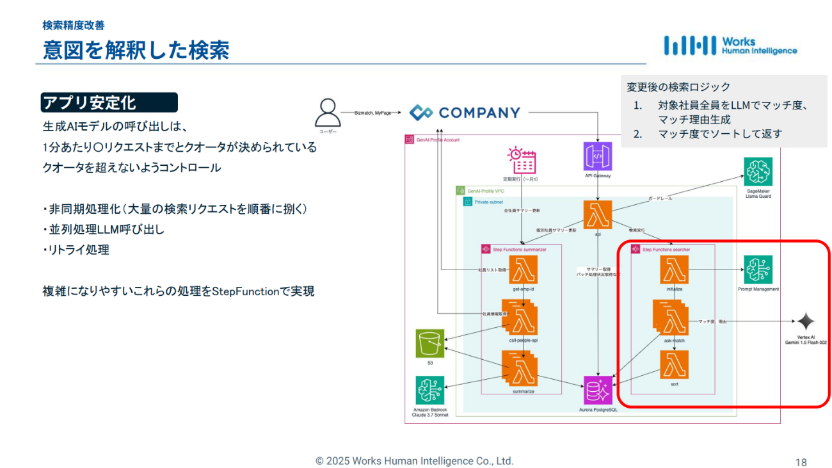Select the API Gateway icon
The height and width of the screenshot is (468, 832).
[598, 156]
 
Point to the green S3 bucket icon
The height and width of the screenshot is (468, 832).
[430, 343]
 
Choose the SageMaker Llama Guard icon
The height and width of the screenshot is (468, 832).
[758, 172]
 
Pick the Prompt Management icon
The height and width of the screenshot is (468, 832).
[758, 270]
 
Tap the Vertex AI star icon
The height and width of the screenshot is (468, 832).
[806, 321]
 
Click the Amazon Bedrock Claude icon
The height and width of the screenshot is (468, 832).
[430, 390]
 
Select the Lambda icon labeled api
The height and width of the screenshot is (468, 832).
[598, 215]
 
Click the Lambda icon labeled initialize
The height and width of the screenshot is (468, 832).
[674, 270]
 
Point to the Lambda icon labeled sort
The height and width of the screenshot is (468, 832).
[674, 365]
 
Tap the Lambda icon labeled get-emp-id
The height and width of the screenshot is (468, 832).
[523, 270]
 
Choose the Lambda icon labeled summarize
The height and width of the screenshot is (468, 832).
[522, 370]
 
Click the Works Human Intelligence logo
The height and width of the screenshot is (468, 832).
[730, 45]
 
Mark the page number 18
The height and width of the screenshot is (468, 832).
[801, 462]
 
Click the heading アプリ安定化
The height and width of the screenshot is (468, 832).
[89, 102]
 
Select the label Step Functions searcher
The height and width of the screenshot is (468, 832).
[666, 249]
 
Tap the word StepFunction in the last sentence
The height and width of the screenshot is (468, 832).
[246, 291]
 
